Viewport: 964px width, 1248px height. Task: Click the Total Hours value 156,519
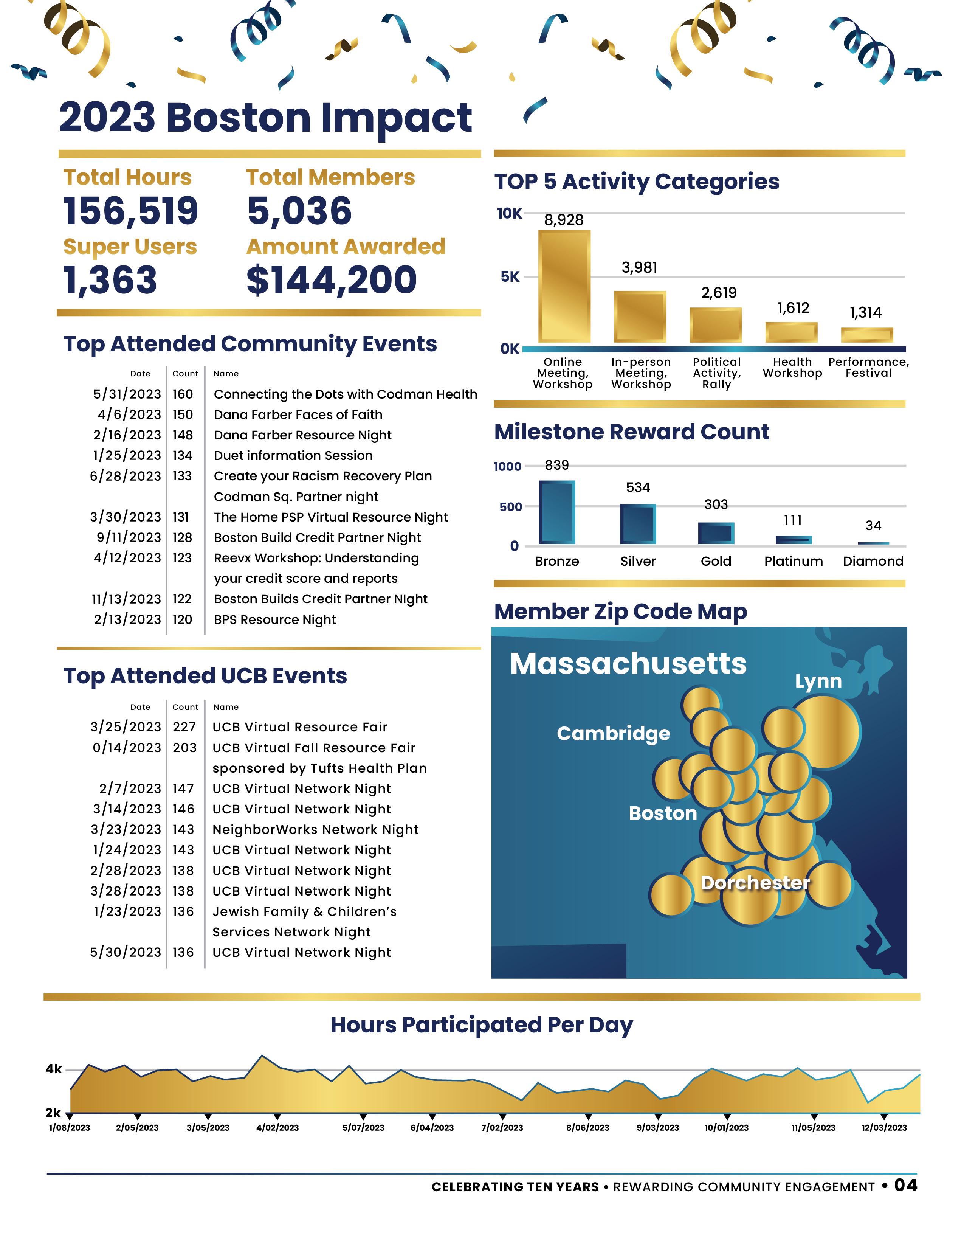tap(131, 211)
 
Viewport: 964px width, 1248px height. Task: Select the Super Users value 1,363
tap(110, 280)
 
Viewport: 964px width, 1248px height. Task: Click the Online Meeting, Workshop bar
tap(564, 286)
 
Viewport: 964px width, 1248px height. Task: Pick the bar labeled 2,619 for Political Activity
tap(716, 324)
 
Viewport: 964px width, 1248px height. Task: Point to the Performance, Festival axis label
tap(868, 368)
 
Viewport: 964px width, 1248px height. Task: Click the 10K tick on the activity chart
tap(509, 214)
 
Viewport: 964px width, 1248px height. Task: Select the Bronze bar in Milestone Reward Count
tap(557, 512)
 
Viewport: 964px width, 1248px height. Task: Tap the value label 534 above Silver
tap(638, 487)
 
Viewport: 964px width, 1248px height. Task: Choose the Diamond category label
tap(873, 561)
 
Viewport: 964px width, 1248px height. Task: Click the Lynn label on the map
tap(818, 681)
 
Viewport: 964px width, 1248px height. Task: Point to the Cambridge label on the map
tap(613, 733)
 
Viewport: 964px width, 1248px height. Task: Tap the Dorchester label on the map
tap(755, 883)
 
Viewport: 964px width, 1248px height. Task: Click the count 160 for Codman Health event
tap(183, 394)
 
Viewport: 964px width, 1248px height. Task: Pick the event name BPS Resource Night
tap(275, 620)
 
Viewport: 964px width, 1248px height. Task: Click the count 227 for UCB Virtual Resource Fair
tap(184, 727)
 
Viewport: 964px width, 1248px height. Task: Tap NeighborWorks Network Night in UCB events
tap(315, 830)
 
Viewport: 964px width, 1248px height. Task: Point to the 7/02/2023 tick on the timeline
tap(502, 1127)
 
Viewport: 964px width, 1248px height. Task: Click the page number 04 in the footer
tap(905, 1185)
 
